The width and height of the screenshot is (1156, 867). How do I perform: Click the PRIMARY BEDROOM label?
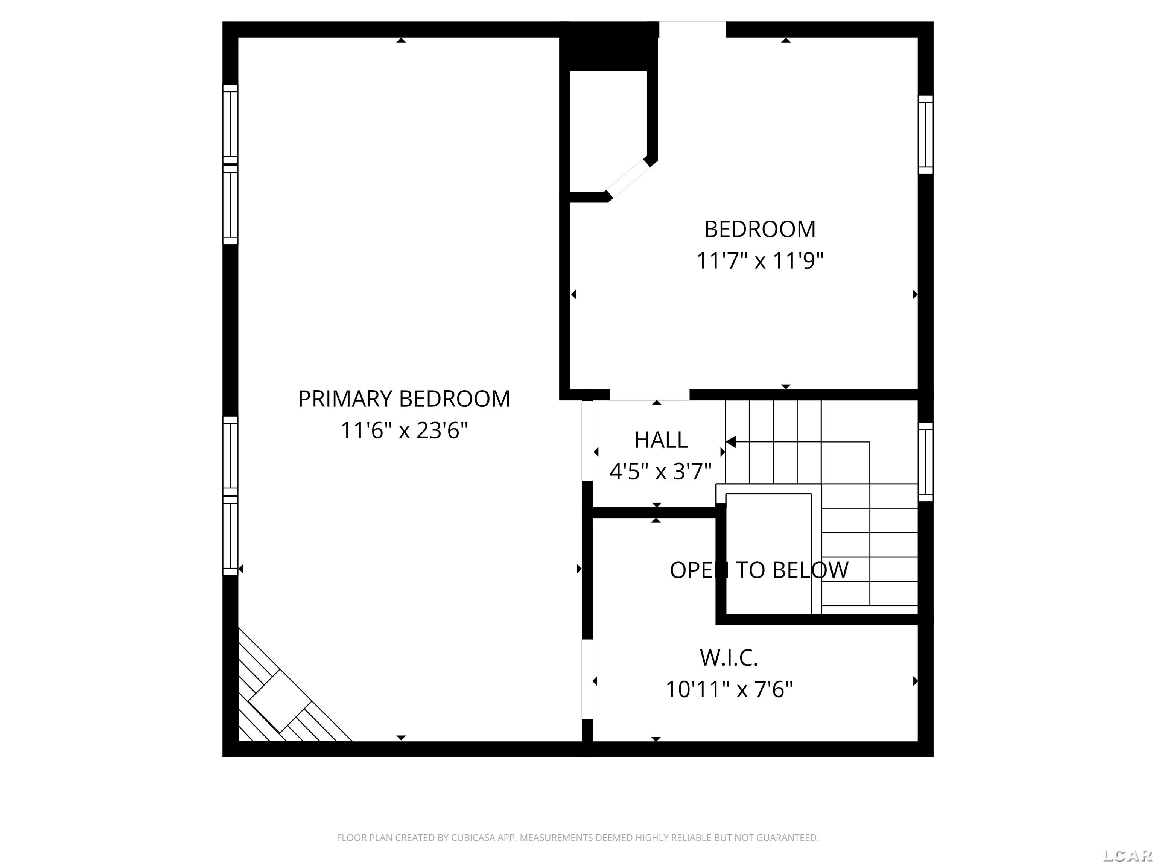point(404,399)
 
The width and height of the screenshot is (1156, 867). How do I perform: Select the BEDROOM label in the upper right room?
point(759,230)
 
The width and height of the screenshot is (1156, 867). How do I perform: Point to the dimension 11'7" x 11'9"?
point(759,261)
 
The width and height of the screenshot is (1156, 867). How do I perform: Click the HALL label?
point(660,440)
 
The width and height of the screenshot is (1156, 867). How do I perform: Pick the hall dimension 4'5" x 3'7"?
point(660,472)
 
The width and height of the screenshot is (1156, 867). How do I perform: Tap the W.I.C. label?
point(729,658)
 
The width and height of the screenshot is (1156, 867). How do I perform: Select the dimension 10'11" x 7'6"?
point(729,690)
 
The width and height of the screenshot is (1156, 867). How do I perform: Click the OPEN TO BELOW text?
point(759,570)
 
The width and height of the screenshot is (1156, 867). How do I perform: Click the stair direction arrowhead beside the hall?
point(731,442)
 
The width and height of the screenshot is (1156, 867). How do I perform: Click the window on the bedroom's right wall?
point(926,134)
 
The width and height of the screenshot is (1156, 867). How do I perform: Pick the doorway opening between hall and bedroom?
point(649,395)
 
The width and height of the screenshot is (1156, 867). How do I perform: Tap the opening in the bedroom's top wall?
point(692,29)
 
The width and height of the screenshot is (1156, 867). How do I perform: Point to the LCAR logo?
point(1128,855)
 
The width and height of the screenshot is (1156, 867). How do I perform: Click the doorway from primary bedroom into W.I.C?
point(587,679)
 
